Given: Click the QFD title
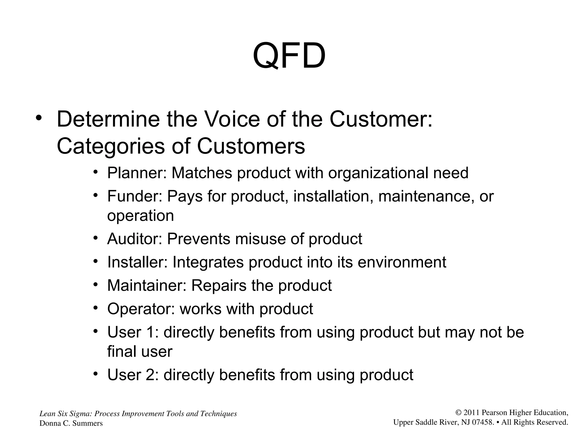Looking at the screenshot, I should point(289,56).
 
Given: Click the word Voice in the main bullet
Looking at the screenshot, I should point(232,119).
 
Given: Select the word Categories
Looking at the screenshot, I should point(111,146).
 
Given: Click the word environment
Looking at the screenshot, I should point(402,262).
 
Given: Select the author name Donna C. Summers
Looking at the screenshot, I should point(71,423).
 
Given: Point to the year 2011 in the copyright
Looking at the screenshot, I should point(472,413).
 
